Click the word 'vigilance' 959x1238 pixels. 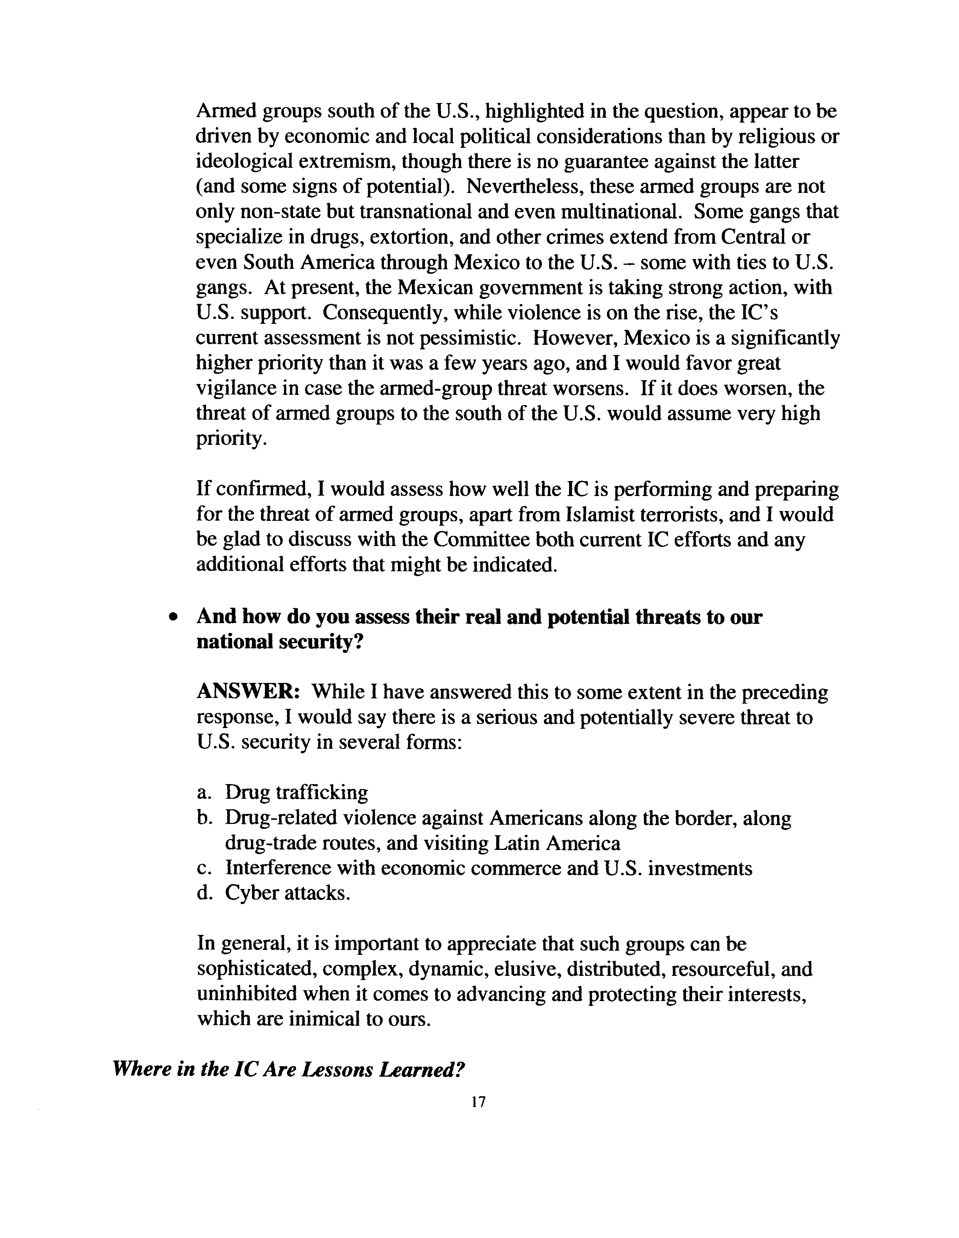[x=238, y=388]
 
